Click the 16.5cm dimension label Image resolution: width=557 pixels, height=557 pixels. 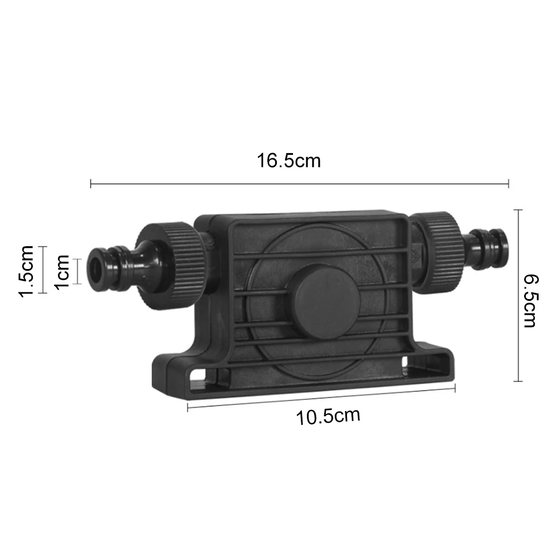point(289,161)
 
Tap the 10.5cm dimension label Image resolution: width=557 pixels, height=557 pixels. point(328,416)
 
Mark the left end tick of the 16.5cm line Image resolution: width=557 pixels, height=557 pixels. point(91,182)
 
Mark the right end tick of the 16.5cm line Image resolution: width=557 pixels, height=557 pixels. point(509,182)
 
